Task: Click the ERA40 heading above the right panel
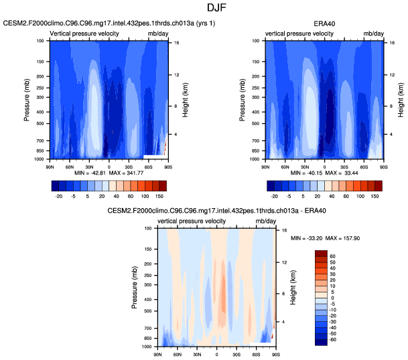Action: (x=325, y=24)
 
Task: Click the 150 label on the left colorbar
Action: (x=159, y=198)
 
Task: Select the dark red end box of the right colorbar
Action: (x=377, y=185)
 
